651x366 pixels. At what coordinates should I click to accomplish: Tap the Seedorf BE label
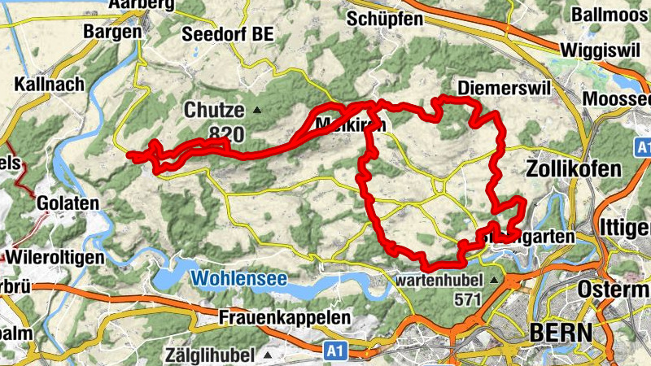click(x=229, y=34)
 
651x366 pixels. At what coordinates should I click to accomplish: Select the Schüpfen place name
click(x=384, y=18)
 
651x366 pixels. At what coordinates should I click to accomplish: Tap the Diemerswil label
click(x=494, y=87)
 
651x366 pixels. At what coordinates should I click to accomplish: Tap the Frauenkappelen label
click(x=285, y=317)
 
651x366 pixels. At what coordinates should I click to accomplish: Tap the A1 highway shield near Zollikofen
click(x=643, y=148)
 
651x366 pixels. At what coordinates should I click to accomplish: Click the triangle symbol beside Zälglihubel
click(x=269, y=355)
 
